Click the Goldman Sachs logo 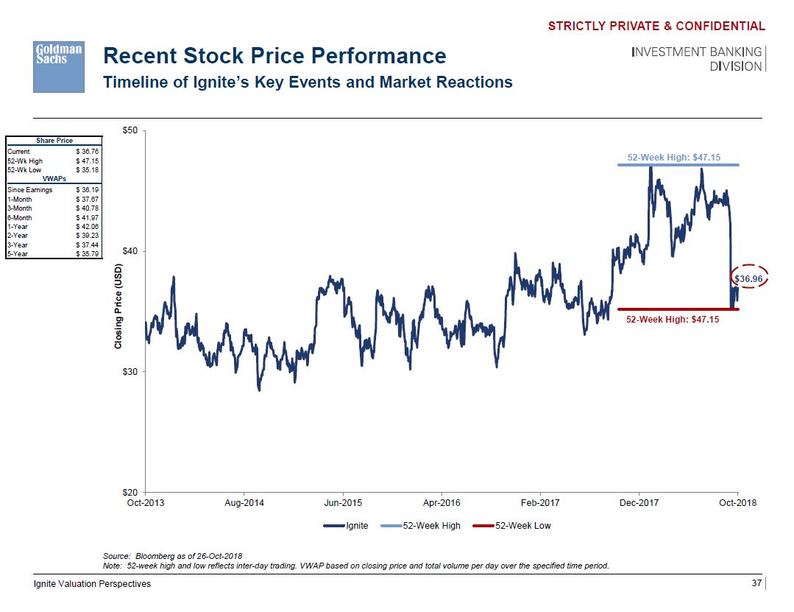(x=60, y=66)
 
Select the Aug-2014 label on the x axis (x=244, y=503)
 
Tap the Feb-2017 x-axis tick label (x=540, y=503)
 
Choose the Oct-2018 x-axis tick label (x=737, y=503)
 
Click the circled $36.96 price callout (x=750, y=279)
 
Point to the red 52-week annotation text (x=673, y=320)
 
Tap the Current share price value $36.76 (x=88, y=152)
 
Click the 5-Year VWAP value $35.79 (x=88, y=254)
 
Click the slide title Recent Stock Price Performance (x=274, y=56)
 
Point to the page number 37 (x=756, y=584)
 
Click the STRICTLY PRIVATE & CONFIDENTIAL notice (x=656, y=27)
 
